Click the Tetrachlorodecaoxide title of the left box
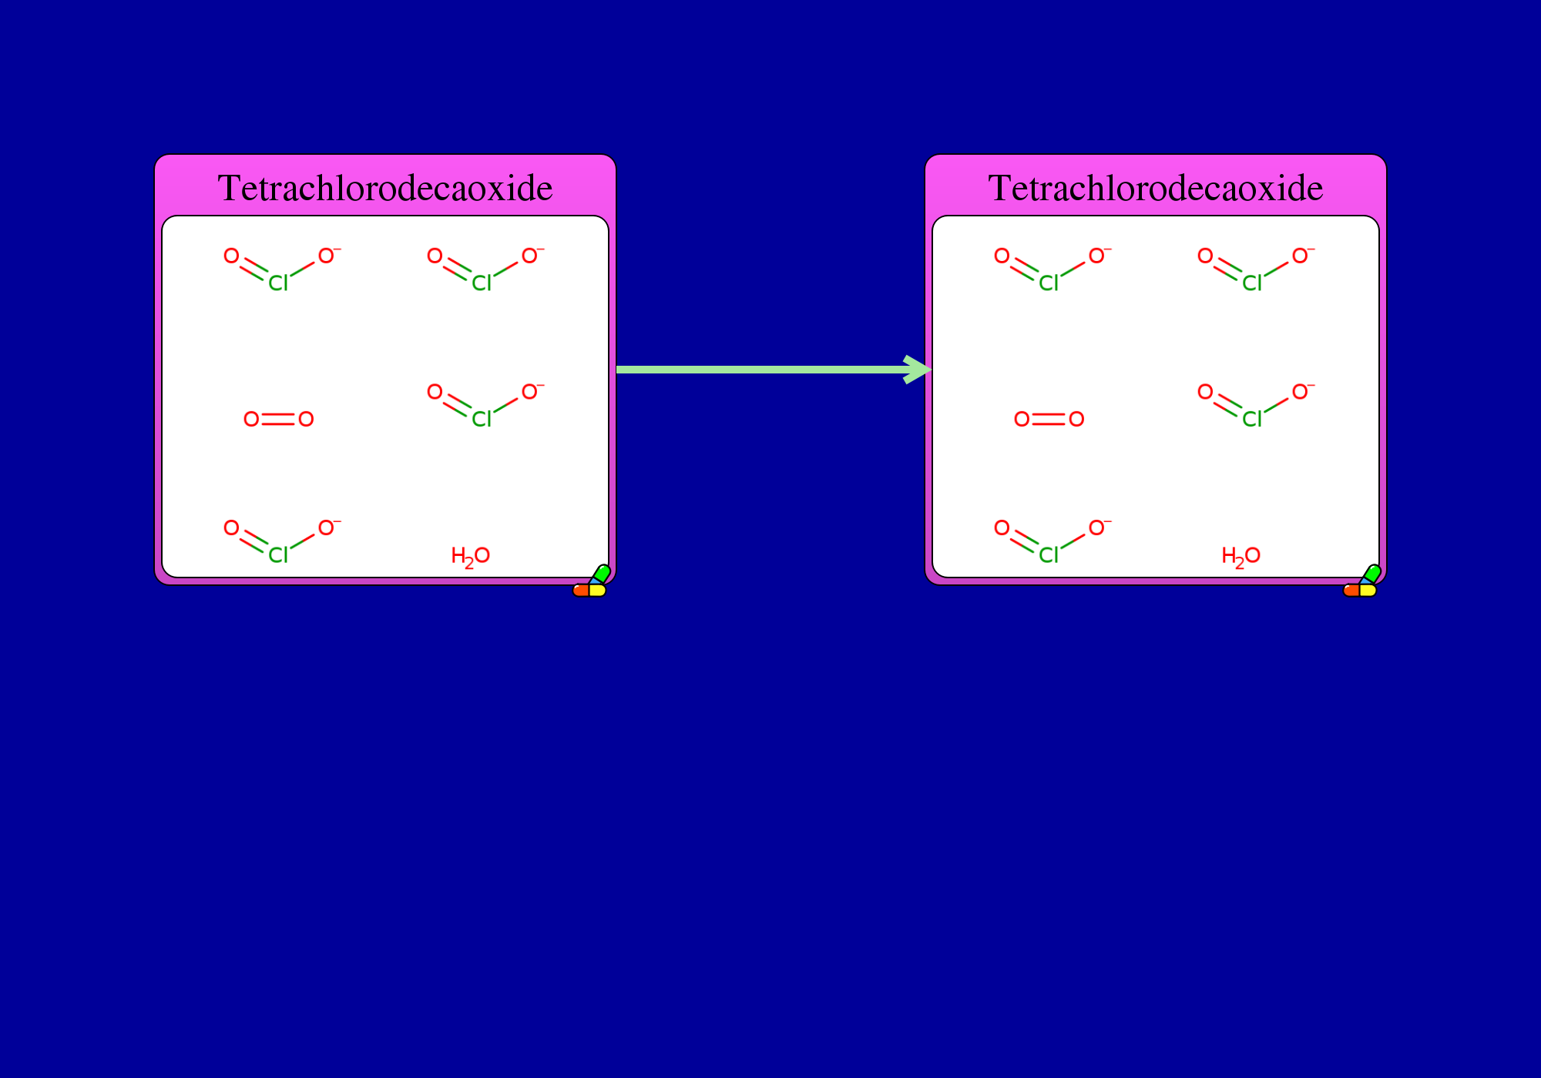tap(385, 188)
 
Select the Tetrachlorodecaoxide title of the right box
tap(1156, 188)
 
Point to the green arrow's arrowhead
tap(918, 370)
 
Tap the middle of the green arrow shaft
tap(763, 370)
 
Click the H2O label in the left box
tap(471, 556)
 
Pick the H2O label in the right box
tap(1241, 556)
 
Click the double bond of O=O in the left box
tap(279, 419)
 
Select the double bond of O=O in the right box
tap(1049, 419)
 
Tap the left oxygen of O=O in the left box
tap(251, 419)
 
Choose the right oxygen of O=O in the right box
tap(1076, 419)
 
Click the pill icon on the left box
tap(591, 581)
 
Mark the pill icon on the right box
tap(1361, 581)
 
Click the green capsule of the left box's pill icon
tap(602, 574)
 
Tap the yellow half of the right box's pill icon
tap(1368, 591)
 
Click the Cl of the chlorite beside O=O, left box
tap(482, 419)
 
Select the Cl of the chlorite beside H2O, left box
tap(279, 555)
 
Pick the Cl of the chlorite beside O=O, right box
tap(1253, 419)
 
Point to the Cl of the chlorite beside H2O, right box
tap(1049, 555)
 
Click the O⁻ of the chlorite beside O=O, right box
tap(1302, 391)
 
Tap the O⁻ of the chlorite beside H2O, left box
tap(328, 527)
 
